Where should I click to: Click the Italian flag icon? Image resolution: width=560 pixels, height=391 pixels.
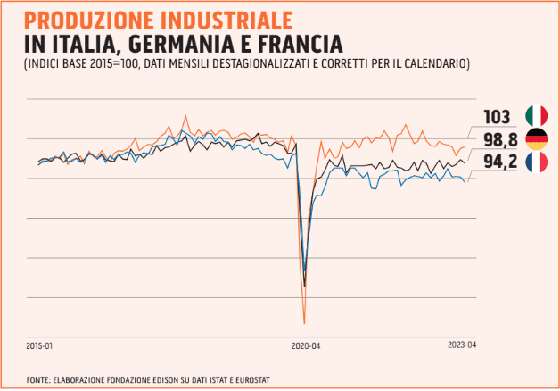click(536, 116)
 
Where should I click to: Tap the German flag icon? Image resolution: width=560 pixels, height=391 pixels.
click(536, 138)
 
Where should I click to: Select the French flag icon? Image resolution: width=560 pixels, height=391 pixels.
click(536, 162)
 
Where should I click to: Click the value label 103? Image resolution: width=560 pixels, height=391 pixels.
click(496, 117)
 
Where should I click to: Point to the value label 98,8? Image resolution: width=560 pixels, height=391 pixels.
click(500, 139)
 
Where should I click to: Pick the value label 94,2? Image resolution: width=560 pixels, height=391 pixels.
click(500, 162)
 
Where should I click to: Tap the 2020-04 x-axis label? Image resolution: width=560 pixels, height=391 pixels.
click(306, 345)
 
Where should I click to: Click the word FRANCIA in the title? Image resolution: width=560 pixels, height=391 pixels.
click(294, 42)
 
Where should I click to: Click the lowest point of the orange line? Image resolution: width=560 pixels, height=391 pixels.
click(304, 322)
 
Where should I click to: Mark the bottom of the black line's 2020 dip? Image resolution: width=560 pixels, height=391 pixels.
click(305, 286)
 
